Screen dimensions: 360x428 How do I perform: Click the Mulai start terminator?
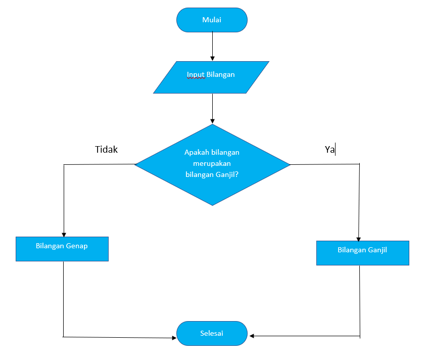pos(212,20)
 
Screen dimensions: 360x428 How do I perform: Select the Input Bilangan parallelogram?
pos(211,77)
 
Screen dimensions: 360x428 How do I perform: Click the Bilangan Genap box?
pos(62,249)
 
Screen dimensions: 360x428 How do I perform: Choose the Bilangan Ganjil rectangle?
pos(362,253)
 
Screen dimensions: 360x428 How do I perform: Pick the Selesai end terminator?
pos(212,334)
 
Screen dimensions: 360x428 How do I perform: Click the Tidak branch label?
pos(106,150)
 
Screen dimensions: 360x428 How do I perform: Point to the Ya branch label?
pos(329,150)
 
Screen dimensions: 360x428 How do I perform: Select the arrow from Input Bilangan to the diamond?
pos(212,108)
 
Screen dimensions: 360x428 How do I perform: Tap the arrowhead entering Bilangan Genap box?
pos(64,234)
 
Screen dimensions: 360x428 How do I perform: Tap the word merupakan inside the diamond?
pos(212,164)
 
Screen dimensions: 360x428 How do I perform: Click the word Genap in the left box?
pos(76,246)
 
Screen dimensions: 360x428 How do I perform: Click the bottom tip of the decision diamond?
pos(212,205)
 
